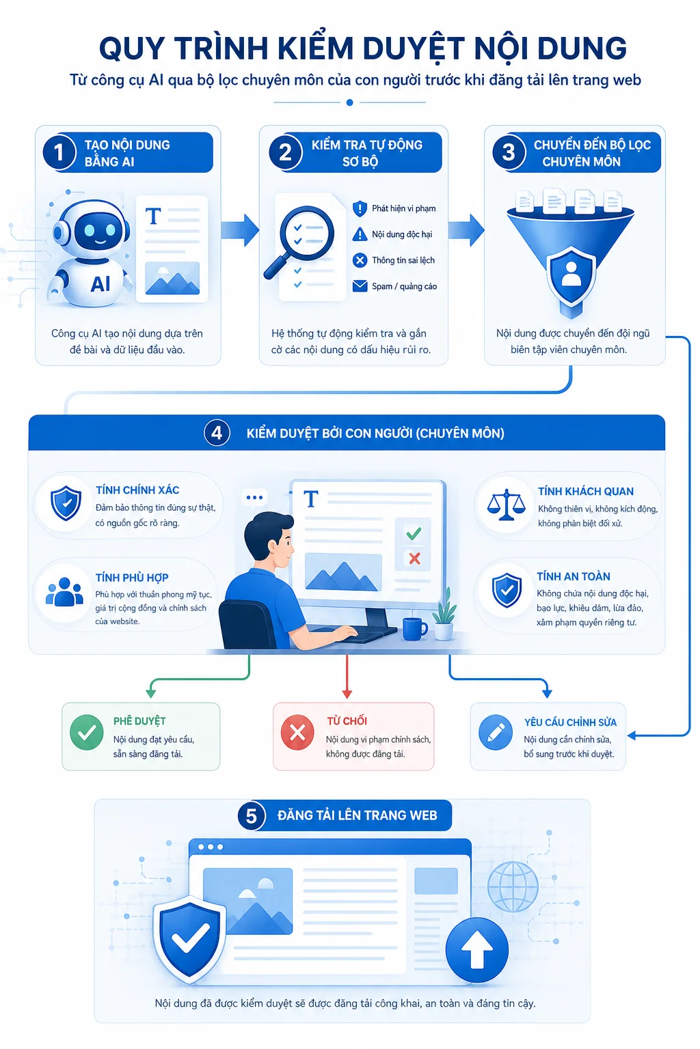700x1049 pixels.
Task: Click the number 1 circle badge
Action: (x=59, y=152)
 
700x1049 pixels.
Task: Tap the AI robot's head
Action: (x=92, y=228)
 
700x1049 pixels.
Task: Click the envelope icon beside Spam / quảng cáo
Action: (x=360, y=285)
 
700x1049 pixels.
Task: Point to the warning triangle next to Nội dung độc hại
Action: (x=360, y=234)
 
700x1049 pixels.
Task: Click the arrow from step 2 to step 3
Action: (x=466, y=230)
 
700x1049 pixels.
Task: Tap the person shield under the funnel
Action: (x=571, y=276)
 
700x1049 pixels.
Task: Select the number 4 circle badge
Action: (x=217, y=432)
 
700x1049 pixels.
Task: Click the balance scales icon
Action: (x=506, y=505)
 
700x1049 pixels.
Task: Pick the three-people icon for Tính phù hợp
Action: (x=64, y=592)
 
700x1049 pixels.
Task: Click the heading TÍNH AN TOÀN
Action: (x=574, y=576)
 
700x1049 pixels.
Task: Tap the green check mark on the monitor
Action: (x=414, y=533)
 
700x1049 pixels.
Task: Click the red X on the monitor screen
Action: (x=414, y=558)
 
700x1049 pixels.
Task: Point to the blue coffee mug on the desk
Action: (x=414, y=629)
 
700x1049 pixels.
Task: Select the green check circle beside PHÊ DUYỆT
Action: (x=87, y=732)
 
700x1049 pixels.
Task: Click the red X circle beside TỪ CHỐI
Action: (x=297, y=732)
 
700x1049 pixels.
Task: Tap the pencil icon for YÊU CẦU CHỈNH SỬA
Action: (x=496, y=732)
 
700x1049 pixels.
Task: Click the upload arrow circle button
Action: (x=477, y=950)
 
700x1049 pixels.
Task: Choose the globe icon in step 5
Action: (x=513, y=886)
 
